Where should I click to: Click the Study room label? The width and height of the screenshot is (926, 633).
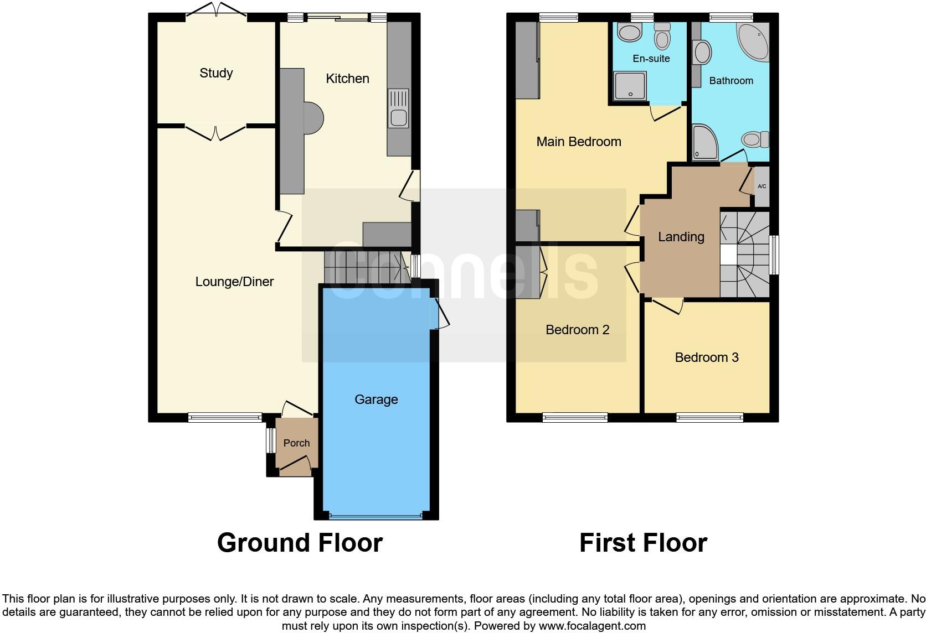216,73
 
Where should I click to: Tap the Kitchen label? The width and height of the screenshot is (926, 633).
347,79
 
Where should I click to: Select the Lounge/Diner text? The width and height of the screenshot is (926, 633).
234,282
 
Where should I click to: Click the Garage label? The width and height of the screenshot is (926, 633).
376,399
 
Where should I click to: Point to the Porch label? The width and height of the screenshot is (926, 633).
296,443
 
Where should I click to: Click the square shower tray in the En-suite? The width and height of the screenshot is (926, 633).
630,87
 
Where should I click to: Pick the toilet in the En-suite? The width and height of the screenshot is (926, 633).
662,36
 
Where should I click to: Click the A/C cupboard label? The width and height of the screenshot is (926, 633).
762,186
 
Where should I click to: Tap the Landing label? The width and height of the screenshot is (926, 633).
681,237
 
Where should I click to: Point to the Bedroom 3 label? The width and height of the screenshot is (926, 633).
707,357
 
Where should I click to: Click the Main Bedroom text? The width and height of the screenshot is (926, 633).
579,142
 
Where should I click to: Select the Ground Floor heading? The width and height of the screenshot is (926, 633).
300,543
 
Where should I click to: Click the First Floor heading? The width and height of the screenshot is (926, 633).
643,543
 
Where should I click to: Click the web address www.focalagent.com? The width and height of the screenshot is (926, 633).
592,626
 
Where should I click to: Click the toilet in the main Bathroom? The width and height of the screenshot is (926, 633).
755,138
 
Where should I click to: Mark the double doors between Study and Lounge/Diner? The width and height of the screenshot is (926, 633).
215,132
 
